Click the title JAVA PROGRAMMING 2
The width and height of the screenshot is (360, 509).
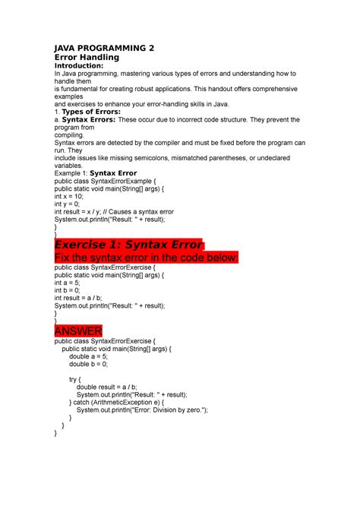tap(104, 47)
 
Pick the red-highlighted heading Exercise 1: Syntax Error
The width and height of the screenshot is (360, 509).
tap(129, 245)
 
